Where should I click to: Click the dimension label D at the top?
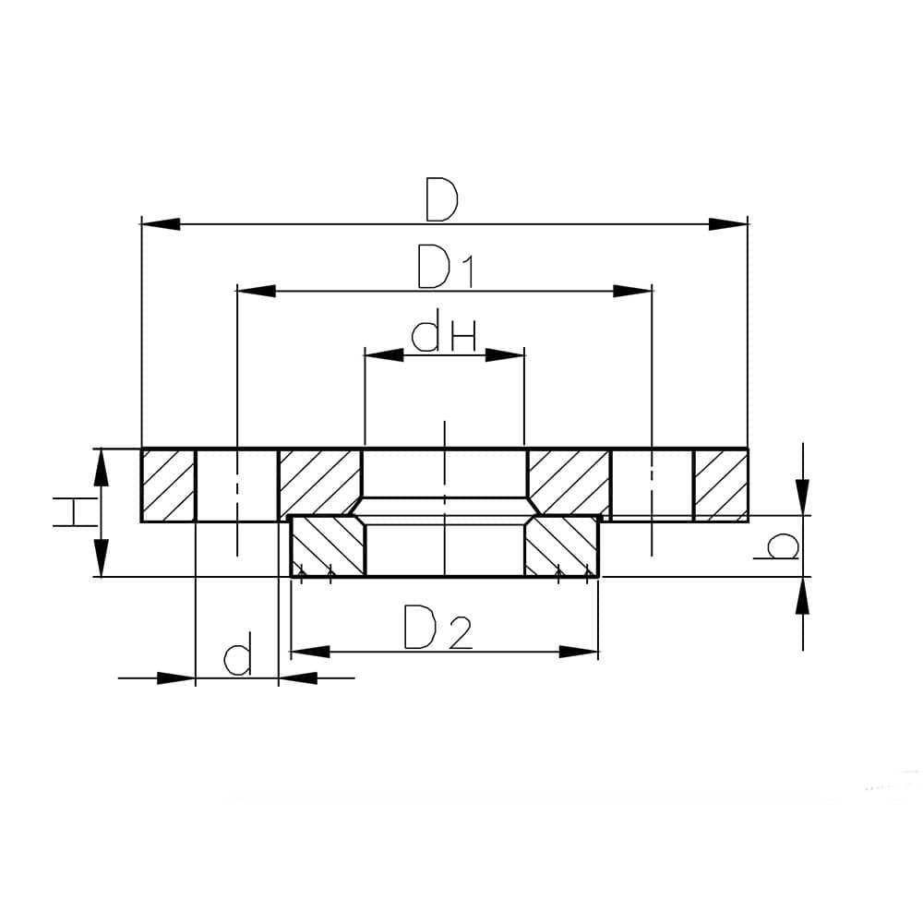click(x=442, y=200)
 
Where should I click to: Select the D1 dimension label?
click(x=445, y=268)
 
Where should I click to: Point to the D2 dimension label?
click(x=438, y=628)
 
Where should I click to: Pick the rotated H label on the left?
click(x=75, y=511)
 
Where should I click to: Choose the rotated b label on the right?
click(x=777, y=545)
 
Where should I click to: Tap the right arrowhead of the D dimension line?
click(x=728, y=224)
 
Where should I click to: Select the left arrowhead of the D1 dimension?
click(x=256, y=291)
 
